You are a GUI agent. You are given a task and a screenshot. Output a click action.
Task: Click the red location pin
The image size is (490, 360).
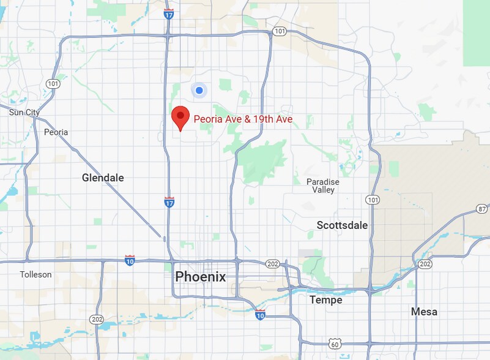point(180,117)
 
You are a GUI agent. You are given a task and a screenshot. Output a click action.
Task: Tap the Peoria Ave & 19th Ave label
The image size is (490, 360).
point(243,119)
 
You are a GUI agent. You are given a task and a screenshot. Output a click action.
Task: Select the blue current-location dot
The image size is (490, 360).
point(199,91)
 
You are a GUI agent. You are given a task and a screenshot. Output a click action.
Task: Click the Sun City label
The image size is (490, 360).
point(24,112)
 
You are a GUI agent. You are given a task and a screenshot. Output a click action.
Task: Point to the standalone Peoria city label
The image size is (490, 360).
point(56,132)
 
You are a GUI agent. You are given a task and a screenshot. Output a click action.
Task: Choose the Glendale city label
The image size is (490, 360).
point(103,178)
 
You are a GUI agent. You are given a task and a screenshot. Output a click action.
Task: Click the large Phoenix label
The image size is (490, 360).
point(201,277)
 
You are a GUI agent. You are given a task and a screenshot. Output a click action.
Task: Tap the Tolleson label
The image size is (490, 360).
point(35,274)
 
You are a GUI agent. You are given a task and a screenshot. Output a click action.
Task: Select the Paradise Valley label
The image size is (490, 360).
point(322,186)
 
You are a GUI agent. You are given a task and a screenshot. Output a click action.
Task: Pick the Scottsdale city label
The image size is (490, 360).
point(342,225)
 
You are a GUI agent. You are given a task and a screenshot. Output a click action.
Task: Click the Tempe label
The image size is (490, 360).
point(325,300)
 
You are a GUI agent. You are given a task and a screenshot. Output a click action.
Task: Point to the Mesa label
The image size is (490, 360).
point(424,312)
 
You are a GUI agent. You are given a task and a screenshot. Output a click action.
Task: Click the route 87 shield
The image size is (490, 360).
point(483,210)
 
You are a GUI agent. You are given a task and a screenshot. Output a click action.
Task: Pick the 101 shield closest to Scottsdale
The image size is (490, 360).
point(372,200)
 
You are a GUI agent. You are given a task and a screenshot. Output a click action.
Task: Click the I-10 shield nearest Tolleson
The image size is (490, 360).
point(129,260)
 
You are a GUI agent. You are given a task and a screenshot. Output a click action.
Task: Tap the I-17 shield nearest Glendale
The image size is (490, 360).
point(169,201)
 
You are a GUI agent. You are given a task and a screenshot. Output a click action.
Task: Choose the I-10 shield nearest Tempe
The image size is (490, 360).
point(260,315)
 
